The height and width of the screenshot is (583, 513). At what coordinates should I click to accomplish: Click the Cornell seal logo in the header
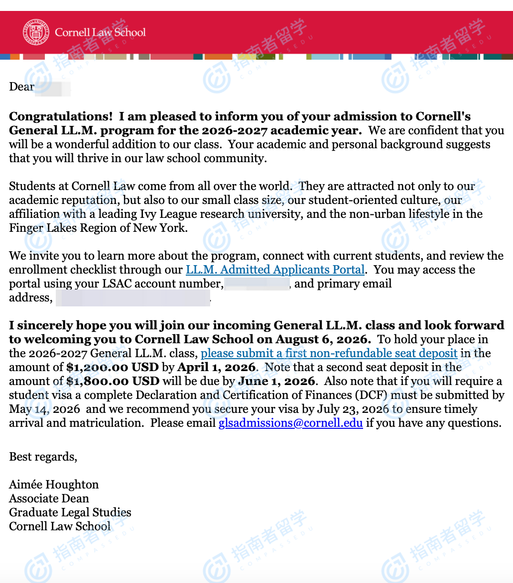36,32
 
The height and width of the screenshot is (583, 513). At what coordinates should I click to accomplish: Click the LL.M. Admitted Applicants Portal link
275,270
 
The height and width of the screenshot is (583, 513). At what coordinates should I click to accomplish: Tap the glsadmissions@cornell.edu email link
290,423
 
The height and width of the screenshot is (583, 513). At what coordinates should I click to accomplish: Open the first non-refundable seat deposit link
329,354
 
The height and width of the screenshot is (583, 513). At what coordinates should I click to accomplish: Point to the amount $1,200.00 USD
113,368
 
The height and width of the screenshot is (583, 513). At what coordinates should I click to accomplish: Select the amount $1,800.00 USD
113,382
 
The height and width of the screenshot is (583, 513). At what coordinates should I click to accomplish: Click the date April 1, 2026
216,368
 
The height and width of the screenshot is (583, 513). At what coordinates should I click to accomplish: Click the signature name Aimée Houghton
54,485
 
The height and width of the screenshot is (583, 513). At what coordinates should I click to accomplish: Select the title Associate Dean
49,498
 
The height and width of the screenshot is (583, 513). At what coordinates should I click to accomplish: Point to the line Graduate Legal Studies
70,512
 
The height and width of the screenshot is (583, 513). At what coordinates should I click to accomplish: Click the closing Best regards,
43,457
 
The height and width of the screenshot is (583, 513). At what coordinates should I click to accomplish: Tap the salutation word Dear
21,87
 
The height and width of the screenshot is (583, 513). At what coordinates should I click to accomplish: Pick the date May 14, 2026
44,409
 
